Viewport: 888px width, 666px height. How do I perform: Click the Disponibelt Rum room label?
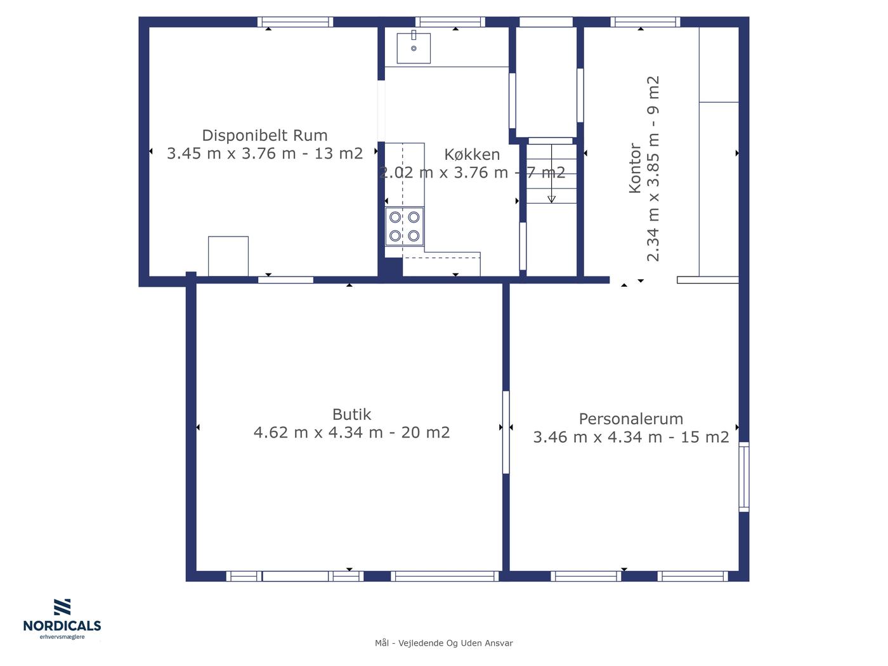(264, 136)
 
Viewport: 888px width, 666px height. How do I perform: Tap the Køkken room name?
(472, 155)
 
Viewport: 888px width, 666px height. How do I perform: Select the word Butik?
(351, 414)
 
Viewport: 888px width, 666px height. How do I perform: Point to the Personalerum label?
(630, 419)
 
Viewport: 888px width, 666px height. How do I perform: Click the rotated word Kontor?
(635, 168)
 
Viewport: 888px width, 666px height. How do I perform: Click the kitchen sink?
(414, 48)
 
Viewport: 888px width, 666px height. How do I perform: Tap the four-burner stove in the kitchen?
(404, 226)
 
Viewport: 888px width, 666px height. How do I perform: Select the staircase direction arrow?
(551, 173)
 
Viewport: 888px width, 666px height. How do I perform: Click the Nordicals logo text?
(62, 625)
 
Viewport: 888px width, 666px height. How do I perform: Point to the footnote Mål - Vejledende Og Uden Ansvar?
(444, 643)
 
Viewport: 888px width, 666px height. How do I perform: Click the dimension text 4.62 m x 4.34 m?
(318, 433)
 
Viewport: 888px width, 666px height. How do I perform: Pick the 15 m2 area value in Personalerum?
(705, 437)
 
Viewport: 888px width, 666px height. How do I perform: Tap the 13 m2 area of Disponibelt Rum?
(339, 153)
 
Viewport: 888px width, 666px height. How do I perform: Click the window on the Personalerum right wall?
(744, 477)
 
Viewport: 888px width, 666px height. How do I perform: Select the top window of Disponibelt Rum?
(296, 22)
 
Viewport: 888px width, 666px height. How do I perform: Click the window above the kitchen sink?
(450, 22)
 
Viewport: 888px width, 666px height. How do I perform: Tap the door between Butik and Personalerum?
(506, 433)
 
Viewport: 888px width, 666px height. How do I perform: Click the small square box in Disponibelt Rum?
(228, 256)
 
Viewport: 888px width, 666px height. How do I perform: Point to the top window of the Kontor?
(645, 22)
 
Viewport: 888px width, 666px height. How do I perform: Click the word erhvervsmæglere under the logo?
(62, 637)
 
